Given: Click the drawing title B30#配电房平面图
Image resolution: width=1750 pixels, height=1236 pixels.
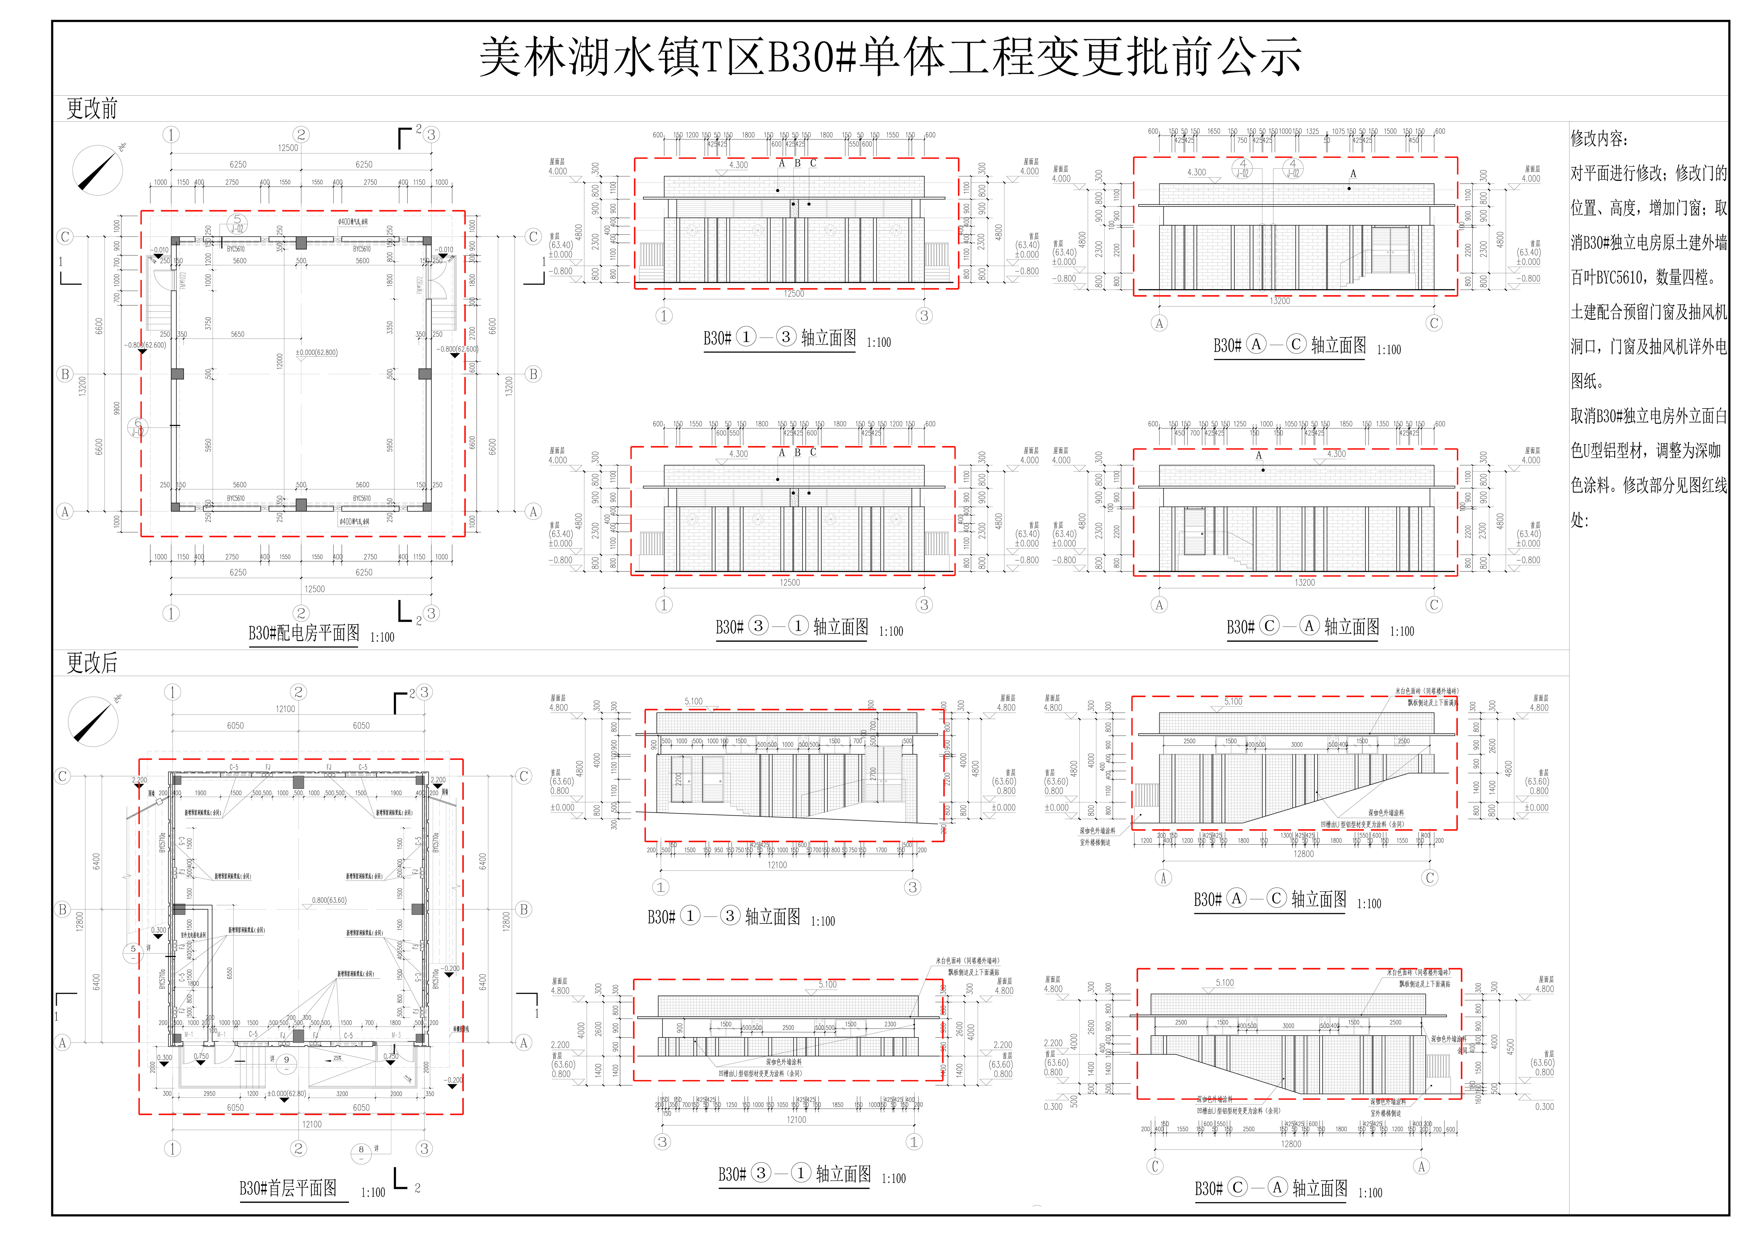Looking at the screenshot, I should [303, 633].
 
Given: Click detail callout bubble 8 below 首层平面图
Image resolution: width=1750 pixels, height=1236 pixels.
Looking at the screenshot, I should [361, 1150].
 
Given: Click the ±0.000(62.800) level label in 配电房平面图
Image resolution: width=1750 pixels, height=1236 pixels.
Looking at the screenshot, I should [316, 353].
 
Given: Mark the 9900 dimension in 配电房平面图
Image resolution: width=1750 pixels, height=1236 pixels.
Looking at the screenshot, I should [117, 409].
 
